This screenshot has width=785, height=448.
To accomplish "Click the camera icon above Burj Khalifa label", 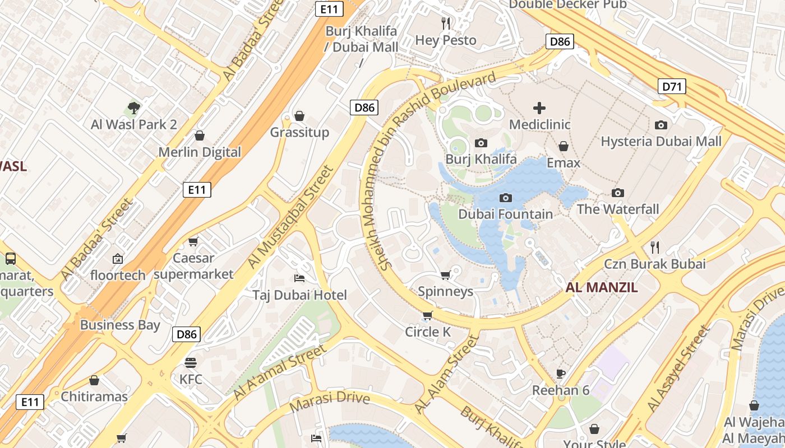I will click(481, 143).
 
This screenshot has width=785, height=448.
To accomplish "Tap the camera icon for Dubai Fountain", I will click(506, 198).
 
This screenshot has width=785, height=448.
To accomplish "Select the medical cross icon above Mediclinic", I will click(539, 108).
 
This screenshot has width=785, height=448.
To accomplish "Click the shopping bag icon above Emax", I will click(564, 146).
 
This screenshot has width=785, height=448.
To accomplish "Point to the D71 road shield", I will click(672, 86).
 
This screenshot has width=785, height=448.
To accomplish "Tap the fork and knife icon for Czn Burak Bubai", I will click(654, 247).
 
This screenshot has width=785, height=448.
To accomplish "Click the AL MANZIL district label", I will click(602, 288).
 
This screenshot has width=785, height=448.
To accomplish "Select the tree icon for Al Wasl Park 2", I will click(133, 108).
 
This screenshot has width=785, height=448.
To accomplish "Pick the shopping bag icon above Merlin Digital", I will click(199, 136).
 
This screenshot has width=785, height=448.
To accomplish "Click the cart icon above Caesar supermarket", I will click(193, 241).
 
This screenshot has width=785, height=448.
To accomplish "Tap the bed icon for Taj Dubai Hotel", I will click(299, 278).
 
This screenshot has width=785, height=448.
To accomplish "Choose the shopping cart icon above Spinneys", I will click(446, 275).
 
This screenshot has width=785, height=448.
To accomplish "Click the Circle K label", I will click(428, 332).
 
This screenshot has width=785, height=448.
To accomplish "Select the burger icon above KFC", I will click(191, 363).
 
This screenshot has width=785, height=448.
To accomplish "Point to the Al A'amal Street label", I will click(279, 372).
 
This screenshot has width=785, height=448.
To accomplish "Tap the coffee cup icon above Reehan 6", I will click(560, 374).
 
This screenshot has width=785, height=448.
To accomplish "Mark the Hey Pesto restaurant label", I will click(446, 40).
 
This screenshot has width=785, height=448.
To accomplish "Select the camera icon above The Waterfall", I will click(618, 193).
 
